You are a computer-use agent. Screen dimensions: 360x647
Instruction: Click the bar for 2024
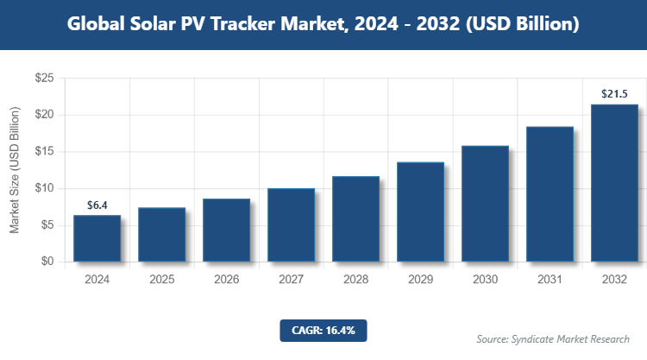[97, 238]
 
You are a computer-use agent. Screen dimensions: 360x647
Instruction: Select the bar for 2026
[226, 230]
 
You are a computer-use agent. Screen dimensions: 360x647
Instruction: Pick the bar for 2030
[485, 204]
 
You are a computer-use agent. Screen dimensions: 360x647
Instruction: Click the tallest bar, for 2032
[614, 183]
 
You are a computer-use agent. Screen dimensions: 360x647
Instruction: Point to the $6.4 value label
[97, 205]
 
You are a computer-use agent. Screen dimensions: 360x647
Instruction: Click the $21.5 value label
[614, 94]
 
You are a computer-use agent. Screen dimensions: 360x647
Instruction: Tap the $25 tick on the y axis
[45, 79]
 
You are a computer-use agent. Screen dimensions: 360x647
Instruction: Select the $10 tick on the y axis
[45, 188]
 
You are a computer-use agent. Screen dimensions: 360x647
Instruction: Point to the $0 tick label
[48, 262]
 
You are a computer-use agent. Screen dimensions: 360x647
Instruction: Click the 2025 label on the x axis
[161, 280]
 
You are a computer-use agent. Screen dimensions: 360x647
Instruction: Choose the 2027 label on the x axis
[291, 280]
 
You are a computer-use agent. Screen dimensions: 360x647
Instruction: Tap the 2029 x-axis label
[420, 280]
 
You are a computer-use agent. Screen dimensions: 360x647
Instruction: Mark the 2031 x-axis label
[550, 280]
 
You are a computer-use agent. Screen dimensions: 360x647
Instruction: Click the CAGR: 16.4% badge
[323, 330]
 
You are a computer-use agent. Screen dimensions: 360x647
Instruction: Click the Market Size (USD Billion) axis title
[15, 170]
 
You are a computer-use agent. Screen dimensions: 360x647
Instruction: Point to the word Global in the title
[97, 24]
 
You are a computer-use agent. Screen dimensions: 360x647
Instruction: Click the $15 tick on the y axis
[45, 152]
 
